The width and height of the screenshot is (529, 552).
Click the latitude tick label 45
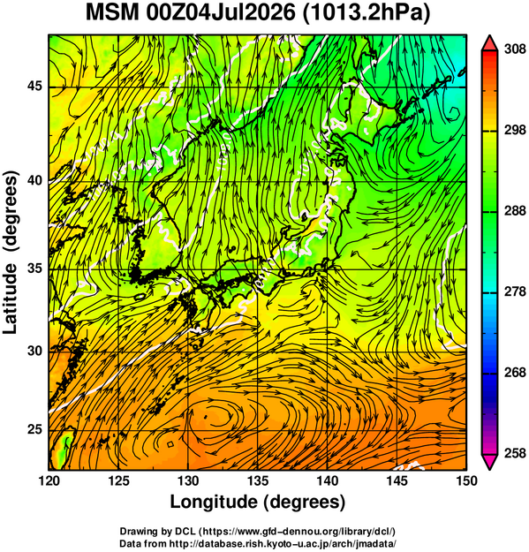point(34,87)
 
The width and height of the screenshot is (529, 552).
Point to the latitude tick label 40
point(34,181)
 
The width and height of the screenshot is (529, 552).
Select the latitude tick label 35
point(34,269)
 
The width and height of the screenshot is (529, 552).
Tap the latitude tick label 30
point(34,351)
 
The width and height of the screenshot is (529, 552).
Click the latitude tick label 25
point(34,430)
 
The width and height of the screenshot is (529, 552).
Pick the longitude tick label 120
point(49,480)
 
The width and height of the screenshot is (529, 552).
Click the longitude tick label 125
point(118,480)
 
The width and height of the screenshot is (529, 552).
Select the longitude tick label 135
point(258,480)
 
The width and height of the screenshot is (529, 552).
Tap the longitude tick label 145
point(397,480)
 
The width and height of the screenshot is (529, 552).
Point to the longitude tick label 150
point(466,480)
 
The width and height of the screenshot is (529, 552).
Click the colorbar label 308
point(515,49)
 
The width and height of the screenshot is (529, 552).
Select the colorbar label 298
point(515,131)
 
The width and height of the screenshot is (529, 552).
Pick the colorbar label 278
point(515,291)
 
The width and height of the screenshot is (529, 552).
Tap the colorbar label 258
point(515,453)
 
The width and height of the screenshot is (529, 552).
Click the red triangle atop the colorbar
point(489,44)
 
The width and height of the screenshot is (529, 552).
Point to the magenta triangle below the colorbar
point(489,461)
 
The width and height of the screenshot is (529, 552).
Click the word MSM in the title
point(113,13)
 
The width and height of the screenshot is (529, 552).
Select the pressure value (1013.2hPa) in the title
point(366,14)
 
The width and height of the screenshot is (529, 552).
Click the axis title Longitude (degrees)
point(257,502)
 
